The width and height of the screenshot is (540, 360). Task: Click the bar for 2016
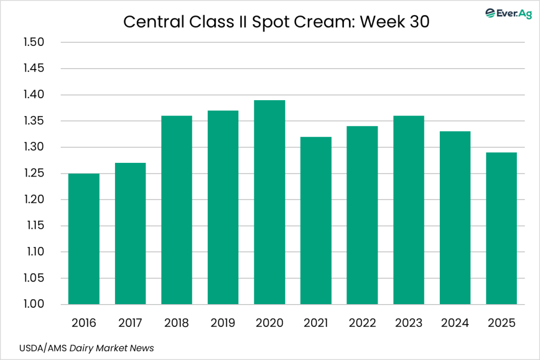point(84,239)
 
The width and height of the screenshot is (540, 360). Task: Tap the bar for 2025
point(502,228)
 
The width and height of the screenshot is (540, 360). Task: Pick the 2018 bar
point(177,210)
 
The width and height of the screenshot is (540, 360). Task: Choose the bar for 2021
point(316,220)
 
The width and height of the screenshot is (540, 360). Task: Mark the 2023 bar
point(409,210)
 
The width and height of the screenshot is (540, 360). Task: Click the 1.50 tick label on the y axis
point(34,43)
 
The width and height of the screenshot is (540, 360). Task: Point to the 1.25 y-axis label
point(34,173)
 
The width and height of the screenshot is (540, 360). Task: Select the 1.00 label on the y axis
point(34,305)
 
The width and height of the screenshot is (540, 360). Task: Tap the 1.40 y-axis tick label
point(34,95)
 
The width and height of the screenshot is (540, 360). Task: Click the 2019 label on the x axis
point(223,323)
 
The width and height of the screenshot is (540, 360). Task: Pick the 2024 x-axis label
point(455,323)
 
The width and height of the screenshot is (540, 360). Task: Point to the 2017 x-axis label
point(130,323)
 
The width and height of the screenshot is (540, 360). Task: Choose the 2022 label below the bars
point(362,323)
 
